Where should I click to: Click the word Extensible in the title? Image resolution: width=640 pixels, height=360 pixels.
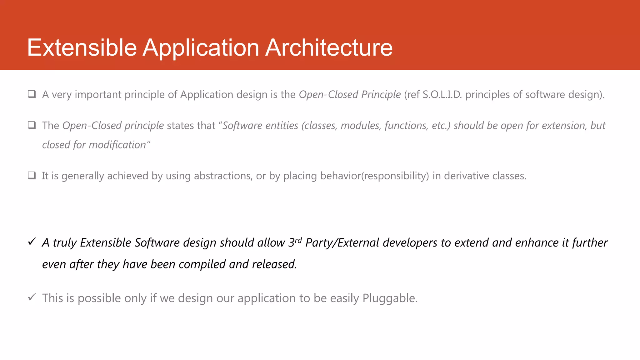tap(82, 48)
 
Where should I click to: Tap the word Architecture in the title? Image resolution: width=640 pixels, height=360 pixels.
tap(329, 48)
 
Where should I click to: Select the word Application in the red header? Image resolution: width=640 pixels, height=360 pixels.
tap(201, 48)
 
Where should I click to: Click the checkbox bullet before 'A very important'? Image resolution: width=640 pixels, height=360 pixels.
tap(32, 94)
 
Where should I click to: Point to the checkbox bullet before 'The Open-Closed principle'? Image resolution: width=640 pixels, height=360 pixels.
tap(32, 125)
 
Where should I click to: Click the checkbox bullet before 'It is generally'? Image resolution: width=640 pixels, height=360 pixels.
tap(32, 175)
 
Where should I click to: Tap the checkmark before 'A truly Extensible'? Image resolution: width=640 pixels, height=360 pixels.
tap(32, 242)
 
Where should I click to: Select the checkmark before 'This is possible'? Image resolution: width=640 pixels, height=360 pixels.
tap(32, 297)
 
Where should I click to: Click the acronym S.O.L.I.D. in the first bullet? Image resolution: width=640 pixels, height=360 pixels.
tap(442, 94)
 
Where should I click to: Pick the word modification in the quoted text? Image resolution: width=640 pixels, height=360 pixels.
tap(117, 145)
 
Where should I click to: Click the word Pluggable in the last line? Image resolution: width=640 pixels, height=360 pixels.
tap(390, 298)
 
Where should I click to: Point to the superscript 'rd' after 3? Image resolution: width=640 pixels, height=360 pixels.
tap(298, 240)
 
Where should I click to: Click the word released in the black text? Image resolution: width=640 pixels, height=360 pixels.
tap(274, 264)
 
